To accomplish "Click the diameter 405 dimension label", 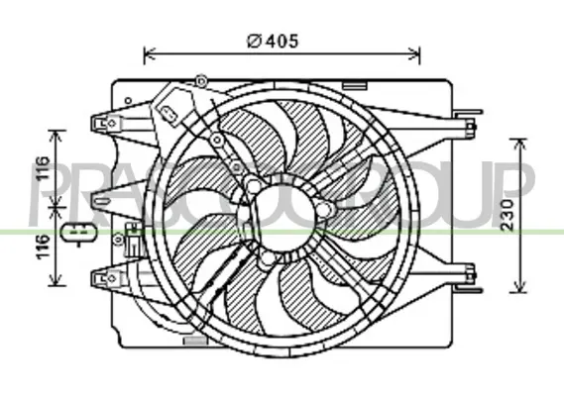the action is [x=273, y=41].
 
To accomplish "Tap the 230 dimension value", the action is [x=508, y=215].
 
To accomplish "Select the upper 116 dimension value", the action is [x=42, y=168].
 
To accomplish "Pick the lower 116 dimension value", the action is [x=42, y=247].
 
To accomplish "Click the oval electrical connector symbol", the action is [x=78, y=233].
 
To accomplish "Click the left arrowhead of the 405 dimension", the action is [x=149, y=53].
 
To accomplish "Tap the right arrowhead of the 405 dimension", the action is [x=414, y=53].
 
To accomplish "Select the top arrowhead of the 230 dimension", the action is [x=518, y=144].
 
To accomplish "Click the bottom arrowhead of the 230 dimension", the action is [x=518, y=287].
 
